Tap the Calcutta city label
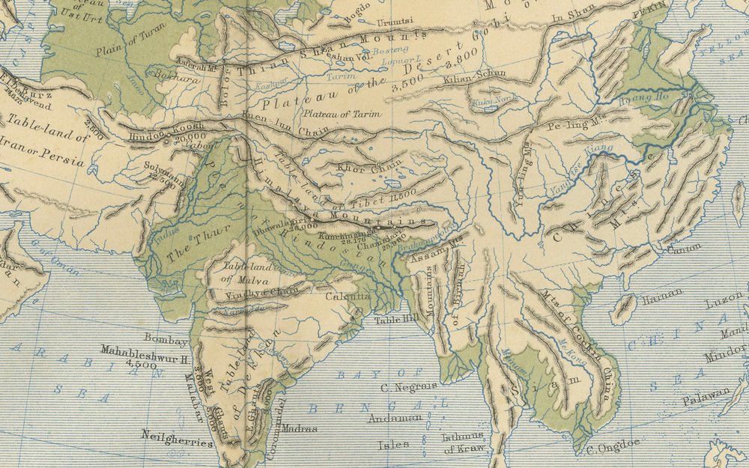click(x=348, y=296)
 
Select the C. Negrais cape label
click(x=408, y=386)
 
